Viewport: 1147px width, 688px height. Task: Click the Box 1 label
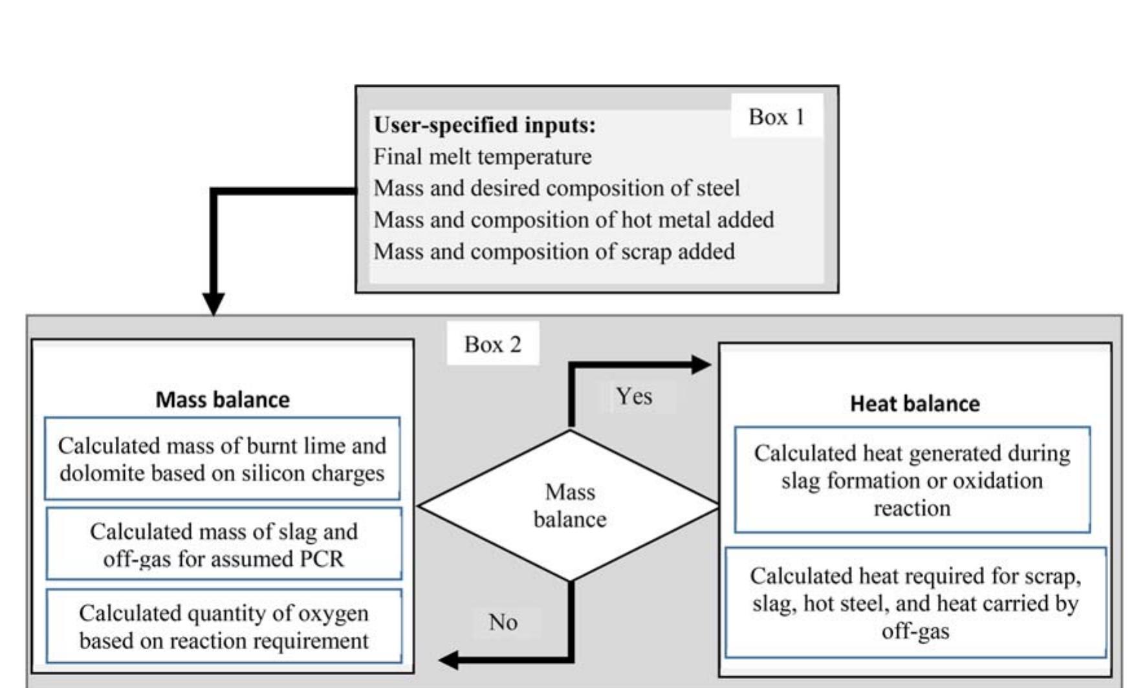click(x=776, y=117)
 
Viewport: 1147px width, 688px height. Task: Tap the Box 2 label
click(x=492, y=344)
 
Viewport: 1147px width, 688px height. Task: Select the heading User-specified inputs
click(x=484, y=125)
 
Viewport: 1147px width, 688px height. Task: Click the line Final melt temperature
click(x=482, y=156)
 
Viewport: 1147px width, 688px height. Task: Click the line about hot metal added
click(x=573, y=220)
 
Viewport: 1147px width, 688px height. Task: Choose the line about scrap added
click(x=554, y=252)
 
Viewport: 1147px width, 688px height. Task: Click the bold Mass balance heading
click(x=222, y=400)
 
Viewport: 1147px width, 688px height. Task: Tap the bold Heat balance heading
click(x=914, y=403)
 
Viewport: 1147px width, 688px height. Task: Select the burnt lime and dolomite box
click(x=222, y=459)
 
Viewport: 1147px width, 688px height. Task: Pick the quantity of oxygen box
click(x=223, y=627)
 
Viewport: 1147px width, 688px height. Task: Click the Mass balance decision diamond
click(x=569, y=506)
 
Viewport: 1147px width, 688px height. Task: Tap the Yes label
click(x=633, y=396)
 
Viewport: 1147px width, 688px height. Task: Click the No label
click(x=503, y=622)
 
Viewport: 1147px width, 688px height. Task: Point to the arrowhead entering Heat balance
click(x=701, y=365)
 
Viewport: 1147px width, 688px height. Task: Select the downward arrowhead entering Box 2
click(x=213, y=304)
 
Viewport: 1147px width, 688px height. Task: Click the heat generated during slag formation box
click(x=912, y=480)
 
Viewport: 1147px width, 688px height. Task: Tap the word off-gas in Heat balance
click(x=915, y=631)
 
